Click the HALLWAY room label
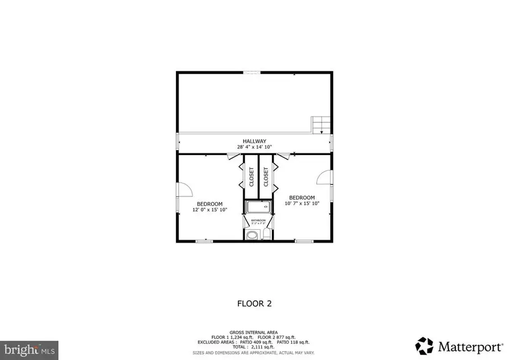point(255,141)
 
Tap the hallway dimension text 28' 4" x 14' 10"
point(255,147)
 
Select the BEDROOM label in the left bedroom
point(209,204)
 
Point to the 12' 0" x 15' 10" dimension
point(209,210)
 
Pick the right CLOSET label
point(266,176)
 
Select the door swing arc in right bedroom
point(323,178)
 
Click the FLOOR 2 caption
point(255,303)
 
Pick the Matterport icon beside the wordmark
point(424,345)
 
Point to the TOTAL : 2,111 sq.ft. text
point(255,347)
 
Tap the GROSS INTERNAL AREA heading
point(255,332)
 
